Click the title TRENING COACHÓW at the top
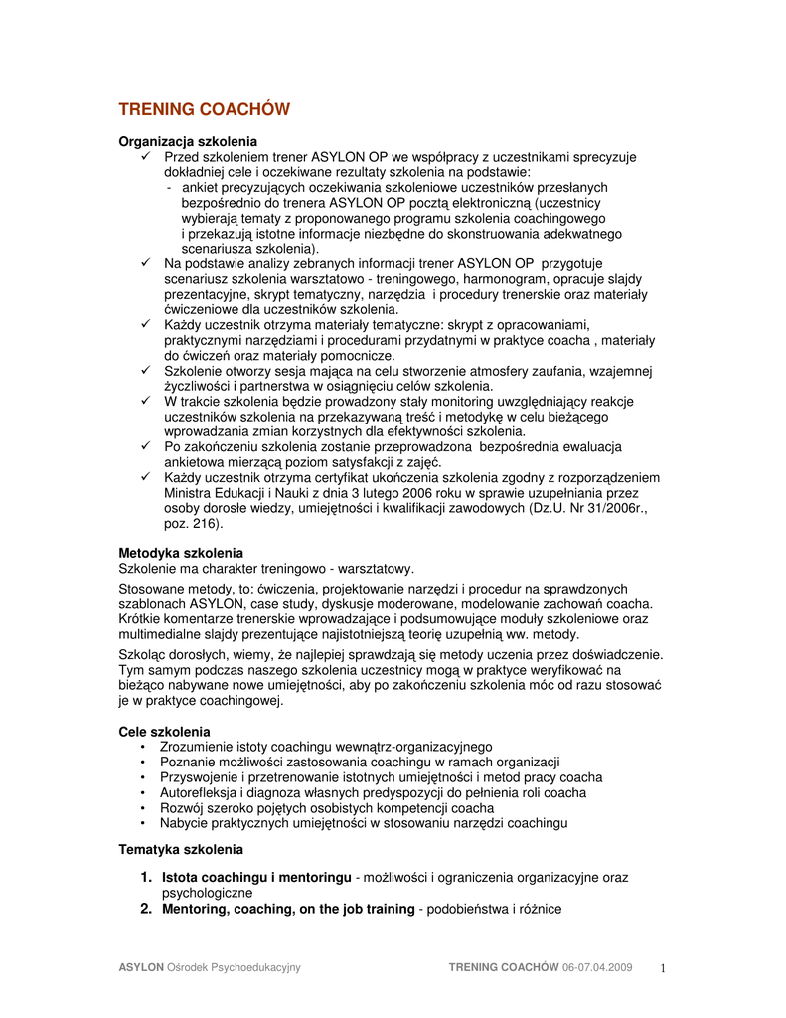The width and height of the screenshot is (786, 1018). [x=204, y=109]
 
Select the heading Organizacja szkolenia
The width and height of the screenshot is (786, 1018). [x=188, y=141]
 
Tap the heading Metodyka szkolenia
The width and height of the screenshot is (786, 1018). [x=181, y=552]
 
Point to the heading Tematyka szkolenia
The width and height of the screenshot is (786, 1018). [x=180, y=850]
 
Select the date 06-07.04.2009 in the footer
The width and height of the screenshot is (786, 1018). [x=597, y=967]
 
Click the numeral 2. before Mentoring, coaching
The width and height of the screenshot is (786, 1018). [x=146, y=909]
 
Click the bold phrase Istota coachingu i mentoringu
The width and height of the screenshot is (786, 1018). [x=256, y=878]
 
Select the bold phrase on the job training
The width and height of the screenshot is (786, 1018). [x=355, y=909]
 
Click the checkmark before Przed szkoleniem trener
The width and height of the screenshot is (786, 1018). [x=146, y=157]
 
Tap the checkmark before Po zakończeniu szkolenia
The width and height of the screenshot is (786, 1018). [x=146, y=447]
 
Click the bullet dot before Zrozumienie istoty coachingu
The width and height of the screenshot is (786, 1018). [x=145, y=747]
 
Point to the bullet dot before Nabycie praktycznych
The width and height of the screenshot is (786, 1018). [x=145, y=823]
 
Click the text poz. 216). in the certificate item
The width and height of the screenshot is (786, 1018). [x=194, y=523]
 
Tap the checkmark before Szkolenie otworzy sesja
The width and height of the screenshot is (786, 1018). [x=146, y=371]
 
